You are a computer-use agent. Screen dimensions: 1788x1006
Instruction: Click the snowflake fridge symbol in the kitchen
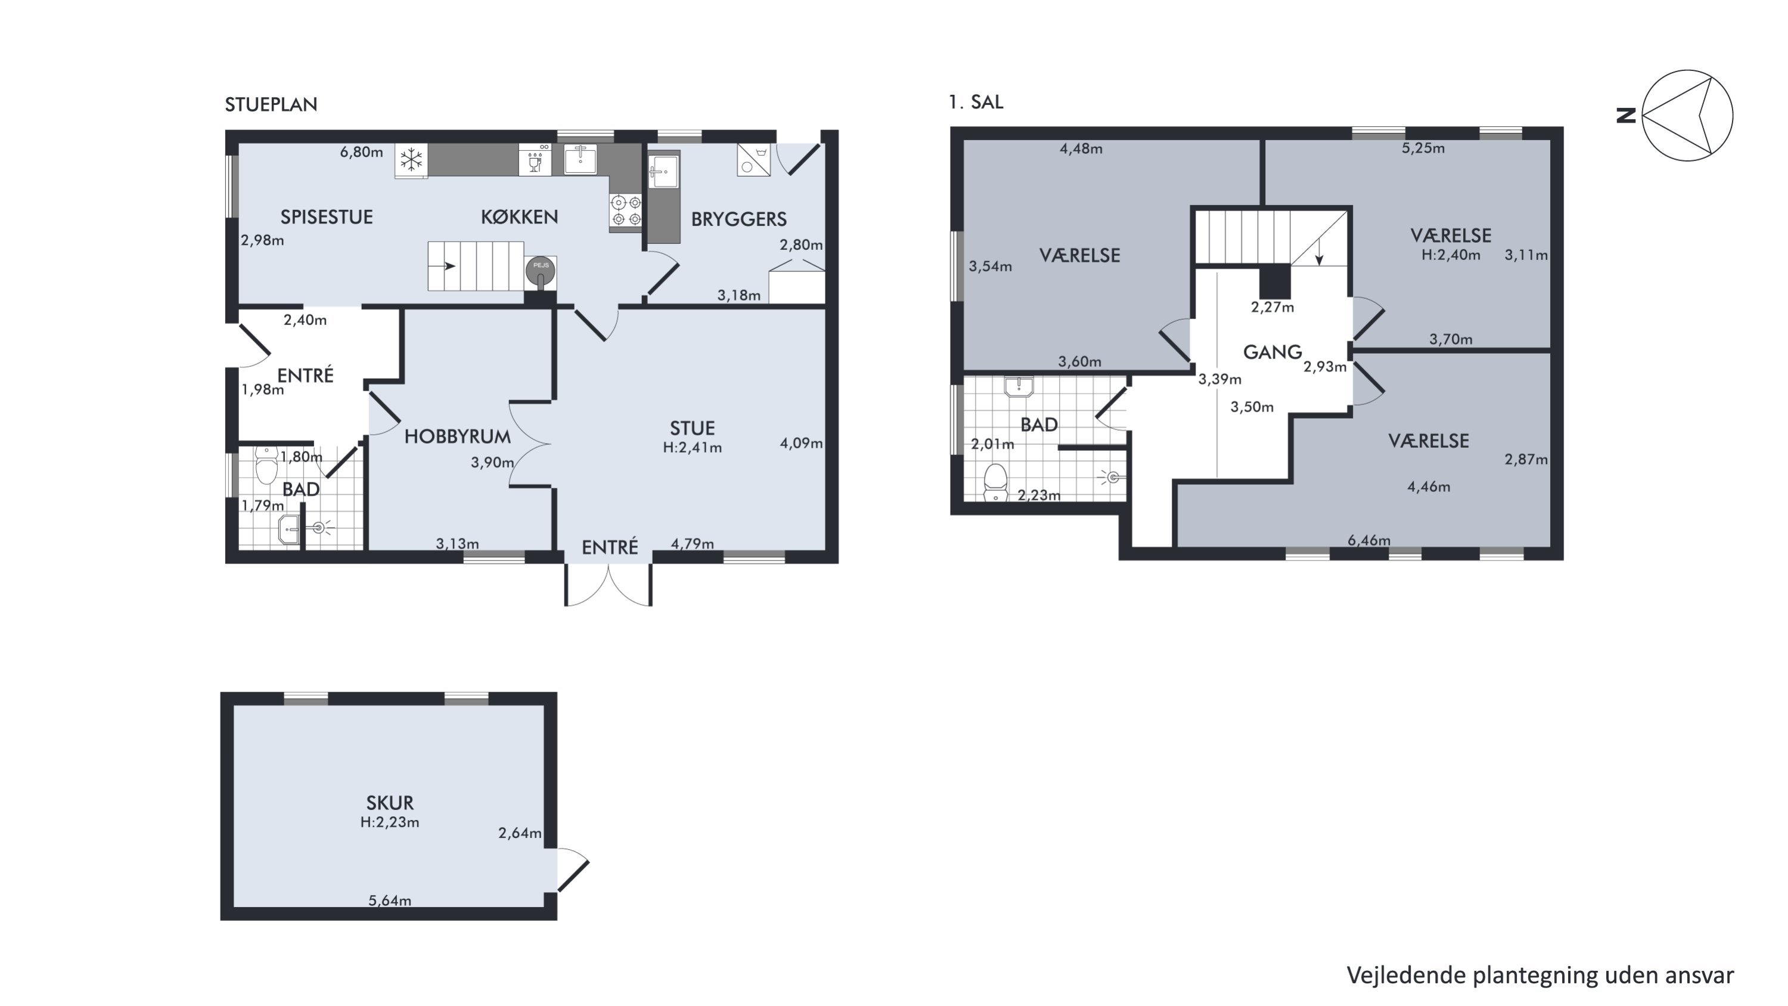point(411,161)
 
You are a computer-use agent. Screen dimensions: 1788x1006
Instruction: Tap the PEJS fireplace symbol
point(541,271)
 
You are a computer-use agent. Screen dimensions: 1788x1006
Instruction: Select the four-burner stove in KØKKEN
point(625,211)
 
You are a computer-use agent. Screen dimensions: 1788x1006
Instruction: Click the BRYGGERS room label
point(738,219)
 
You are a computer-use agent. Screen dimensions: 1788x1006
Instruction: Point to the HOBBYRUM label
point(457,437)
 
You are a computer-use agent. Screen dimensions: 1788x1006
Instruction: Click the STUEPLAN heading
point(271,105)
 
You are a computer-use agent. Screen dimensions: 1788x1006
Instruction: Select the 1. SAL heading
point(976,102)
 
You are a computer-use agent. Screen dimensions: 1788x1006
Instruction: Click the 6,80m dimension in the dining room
point(361,152)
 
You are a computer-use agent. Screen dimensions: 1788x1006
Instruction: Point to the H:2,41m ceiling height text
point(692,448)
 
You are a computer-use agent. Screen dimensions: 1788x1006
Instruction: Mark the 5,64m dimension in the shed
point(389,900)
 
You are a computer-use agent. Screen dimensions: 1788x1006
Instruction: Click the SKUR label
point(389,803)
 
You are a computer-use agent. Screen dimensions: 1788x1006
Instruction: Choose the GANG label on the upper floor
point(1272,352)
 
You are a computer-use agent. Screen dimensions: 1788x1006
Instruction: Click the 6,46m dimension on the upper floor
point(1369,540)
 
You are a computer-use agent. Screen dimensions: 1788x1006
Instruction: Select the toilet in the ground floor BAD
point(266,465)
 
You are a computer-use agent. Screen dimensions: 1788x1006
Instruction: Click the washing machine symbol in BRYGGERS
point(753,160)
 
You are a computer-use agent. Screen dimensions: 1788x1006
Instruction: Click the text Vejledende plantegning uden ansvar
point(1540,976)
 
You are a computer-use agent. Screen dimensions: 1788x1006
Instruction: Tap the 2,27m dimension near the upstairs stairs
point(1272,307)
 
